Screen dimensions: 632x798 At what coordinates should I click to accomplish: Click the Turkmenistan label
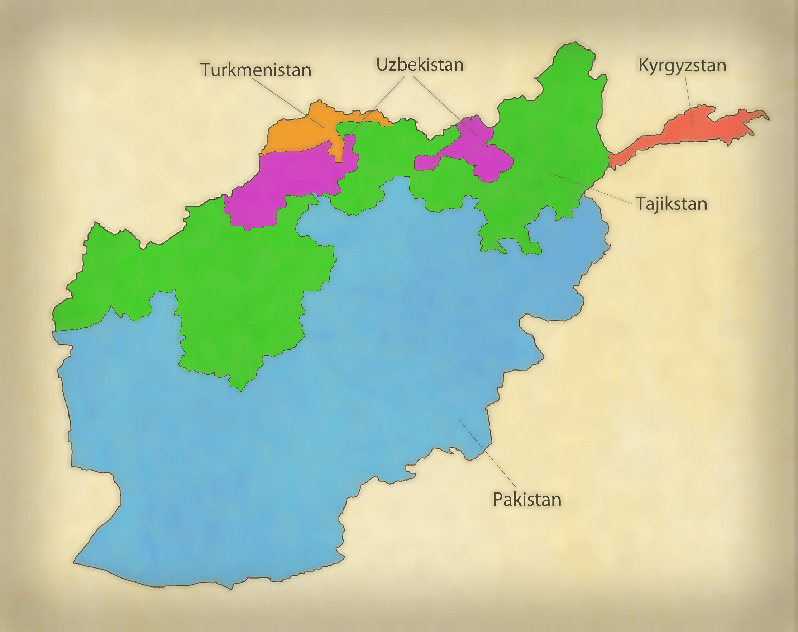coord(255,70)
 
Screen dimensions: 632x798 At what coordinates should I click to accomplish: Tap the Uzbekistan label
coord(420,65)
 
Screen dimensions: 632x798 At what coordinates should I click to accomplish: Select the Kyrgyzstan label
coord(682,66)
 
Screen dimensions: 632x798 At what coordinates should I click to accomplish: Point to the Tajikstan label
coord(671,203)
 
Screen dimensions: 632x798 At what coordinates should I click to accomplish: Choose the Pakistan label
coord(527,499)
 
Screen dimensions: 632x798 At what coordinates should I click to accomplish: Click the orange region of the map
coord(296,133)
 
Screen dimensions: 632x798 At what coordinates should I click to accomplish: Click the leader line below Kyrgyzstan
coord(689,100)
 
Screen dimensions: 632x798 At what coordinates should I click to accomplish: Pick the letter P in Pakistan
coord(497,499)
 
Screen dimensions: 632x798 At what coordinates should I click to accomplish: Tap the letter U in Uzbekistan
coord(382,65)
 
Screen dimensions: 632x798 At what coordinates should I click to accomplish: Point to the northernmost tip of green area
coord(575,42)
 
